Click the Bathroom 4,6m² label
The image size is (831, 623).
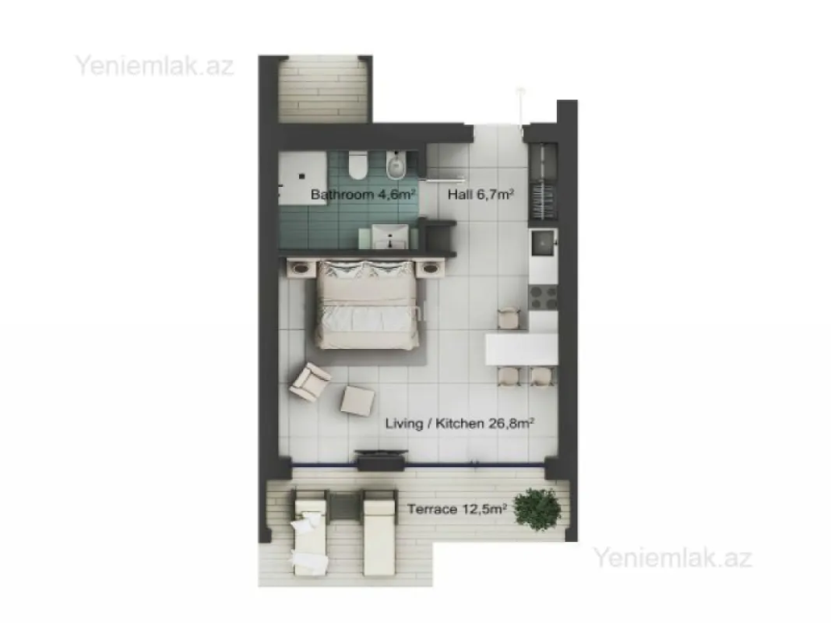pyautogui.click(x=361, y=195)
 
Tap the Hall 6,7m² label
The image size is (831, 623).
pyautogui.click(x=480, y=195)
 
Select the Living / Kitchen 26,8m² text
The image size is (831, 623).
pyautogui.click(x=460, y=424)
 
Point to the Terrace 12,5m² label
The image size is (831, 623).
pyautogui.click(x=457, y=509)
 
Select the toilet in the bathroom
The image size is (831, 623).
pyautogui.click(x=359, y=164)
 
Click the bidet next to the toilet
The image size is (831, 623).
pyautogui.click(x=396, y=164)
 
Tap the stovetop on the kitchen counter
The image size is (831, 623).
pyautogui.click(x=543, y=297)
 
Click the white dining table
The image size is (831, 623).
pyautogui.click(x=521, y=349)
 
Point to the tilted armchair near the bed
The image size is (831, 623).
pyautogui.click(x=309, y=381)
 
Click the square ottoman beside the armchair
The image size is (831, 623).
pyautogui.click(x=357, y=399)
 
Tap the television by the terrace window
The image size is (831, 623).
pyautogui.click(x=380, y=460)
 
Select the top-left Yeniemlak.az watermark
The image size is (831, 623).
pyautogui.click(x=154, y=65)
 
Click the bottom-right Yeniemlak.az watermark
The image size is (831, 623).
pyautogui.click(x=673, y=558)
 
